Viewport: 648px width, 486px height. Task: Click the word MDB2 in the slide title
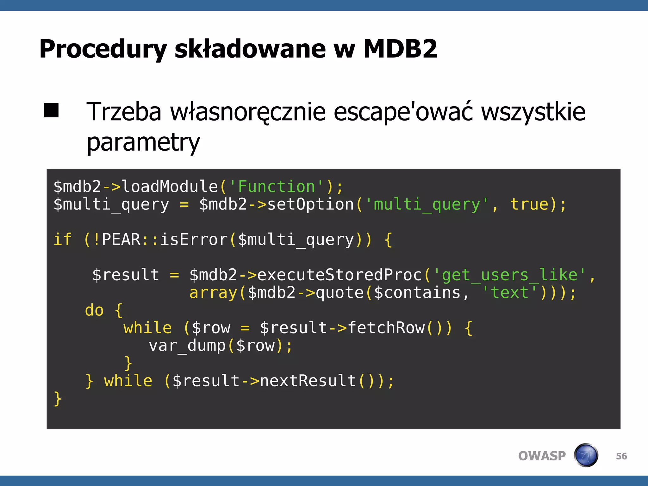pyautogui.click(x=400, y=49)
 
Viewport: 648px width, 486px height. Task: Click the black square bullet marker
pyautogui.click(x=51, y=110)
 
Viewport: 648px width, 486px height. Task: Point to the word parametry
pyautogui.click(x=143, y=142)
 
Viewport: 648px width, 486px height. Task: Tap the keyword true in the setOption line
pyautogui.click(x=529, y=204)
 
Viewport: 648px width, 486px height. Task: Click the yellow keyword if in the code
pyautogui.click(x=63, y=239)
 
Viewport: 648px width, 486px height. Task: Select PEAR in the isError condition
pyautogui.click(x=121, y=239)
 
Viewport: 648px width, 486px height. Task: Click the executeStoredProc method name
pyautogui.click(x=340, y=275)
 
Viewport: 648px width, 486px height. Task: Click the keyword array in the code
pyautogui.click(x=213, y=292)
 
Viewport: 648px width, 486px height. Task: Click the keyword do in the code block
pyautogui.click(x=94, y=310)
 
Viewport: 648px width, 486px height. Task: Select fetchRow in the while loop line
pyautogui.click(x=386, y=328)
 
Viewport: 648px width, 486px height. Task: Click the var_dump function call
pyautogui.click(x=187, y=346)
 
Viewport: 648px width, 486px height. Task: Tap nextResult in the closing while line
pyautogui.click(x=308, y=381)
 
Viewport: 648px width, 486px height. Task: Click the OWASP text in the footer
pyautogui.click(x=542, y=456)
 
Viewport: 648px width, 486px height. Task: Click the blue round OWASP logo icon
pyautogui.click(x=586, y=455)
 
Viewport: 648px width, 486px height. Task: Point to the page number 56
pyautogui.click(x=621, y=456)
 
